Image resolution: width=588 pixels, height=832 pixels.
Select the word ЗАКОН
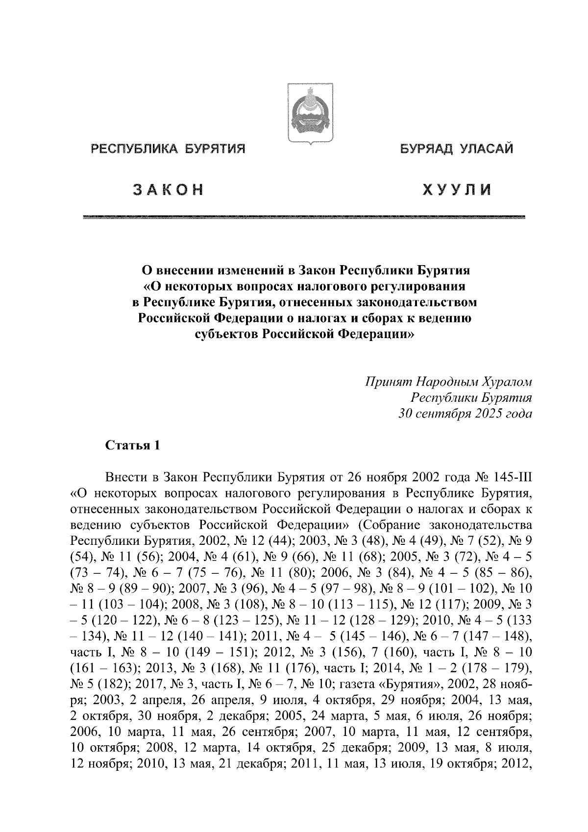167,190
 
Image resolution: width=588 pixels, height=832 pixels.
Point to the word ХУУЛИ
457,190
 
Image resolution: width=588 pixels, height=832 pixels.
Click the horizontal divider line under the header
304,217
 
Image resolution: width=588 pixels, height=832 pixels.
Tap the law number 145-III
510,477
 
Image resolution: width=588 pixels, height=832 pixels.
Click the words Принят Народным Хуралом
448,382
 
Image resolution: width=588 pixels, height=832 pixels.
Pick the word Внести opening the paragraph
125,477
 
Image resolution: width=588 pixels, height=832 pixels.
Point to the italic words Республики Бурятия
471,398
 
